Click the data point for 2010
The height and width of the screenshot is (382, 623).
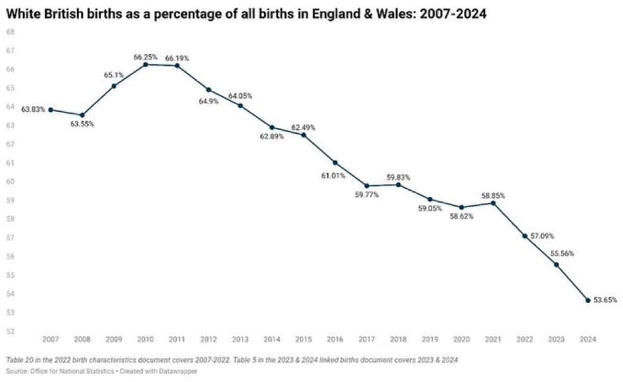tap(145, 64)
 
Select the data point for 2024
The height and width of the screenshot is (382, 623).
tap(588, 300)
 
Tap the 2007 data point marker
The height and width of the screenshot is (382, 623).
tap(51, 110)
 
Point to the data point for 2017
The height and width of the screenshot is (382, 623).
tap(366, 186)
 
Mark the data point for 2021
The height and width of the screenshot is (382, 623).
tap(493, 203)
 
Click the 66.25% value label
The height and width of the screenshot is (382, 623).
tap(145, 57)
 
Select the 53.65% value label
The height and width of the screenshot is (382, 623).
tap(605, 300)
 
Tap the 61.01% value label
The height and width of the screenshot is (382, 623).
tap(333, 176)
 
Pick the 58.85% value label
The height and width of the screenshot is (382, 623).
tap(493, 196)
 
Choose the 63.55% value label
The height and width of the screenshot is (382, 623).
tap(82, 124)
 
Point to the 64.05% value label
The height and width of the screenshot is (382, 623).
tap(240, 96)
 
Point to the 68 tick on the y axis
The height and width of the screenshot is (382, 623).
tap(10, 32)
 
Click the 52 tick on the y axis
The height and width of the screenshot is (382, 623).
tap(10, 331)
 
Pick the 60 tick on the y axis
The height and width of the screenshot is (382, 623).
tap(10, 181)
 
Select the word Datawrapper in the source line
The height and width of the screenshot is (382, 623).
tap(179, 371)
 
